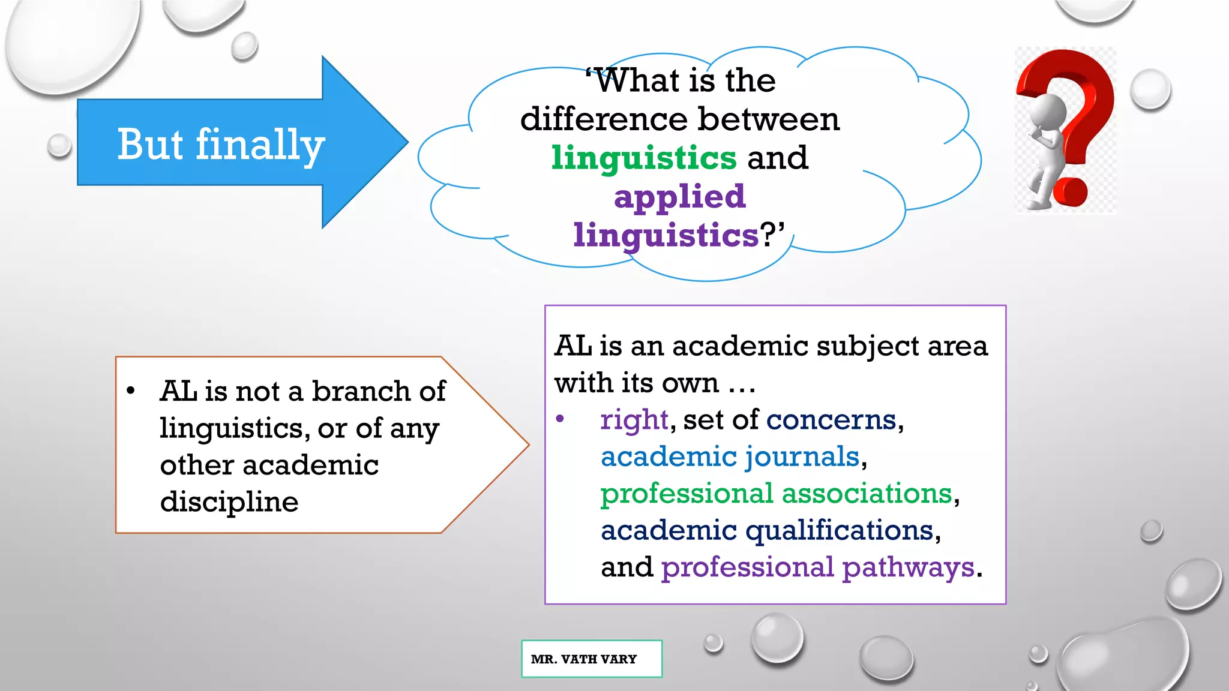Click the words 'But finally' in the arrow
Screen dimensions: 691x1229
coord(221,145)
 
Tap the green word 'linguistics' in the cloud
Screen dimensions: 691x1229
coord(643,158)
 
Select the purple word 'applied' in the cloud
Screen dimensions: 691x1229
coord(679,196)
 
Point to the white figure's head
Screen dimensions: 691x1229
coord(1047,112)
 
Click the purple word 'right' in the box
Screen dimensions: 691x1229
coord(634,419)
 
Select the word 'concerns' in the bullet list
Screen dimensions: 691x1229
coord(831,419)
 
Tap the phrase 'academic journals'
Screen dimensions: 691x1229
coord(730,456)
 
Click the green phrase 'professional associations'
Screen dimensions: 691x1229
coord(776,493)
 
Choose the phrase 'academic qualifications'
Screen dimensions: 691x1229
coord(767,530)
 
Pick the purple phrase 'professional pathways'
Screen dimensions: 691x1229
coord(817,567)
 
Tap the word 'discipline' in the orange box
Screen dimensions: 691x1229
coord(229,501)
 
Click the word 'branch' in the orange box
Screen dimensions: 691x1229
coord(361,391)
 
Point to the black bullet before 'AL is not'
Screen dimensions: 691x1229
coord(131,391)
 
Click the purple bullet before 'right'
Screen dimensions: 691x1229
coord(560,419)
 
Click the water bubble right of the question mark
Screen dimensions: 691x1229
coord(1150,89)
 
